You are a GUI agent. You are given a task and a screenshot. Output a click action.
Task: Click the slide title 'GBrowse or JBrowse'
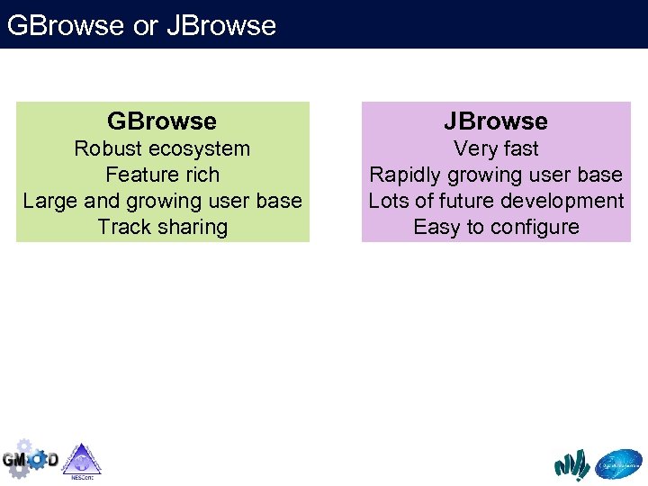[141, 25]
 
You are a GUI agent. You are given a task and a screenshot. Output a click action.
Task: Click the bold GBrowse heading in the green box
[162, 121]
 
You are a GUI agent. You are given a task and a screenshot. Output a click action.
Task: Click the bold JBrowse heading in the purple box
[496, 121]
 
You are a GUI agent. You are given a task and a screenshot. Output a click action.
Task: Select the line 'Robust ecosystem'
[162, 148]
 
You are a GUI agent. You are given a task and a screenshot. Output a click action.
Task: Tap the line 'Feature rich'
[162, 175]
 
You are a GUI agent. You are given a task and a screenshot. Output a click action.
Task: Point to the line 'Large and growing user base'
[162, 201]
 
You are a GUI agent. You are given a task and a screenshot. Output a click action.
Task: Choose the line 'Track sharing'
[162, 227]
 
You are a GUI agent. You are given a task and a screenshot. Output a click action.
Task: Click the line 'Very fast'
[496, 148]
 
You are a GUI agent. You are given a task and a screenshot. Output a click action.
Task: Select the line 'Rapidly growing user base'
[496, 175]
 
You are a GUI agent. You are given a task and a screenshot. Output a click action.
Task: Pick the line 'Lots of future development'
[496, 201]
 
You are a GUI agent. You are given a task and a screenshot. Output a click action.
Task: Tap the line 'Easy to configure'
[496, 227]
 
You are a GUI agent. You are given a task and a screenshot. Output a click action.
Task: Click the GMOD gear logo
[30, 459]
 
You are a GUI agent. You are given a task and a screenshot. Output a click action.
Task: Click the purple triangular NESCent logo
[82, 460]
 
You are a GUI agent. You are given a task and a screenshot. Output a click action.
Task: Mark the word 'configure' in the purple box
[535, 227]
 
